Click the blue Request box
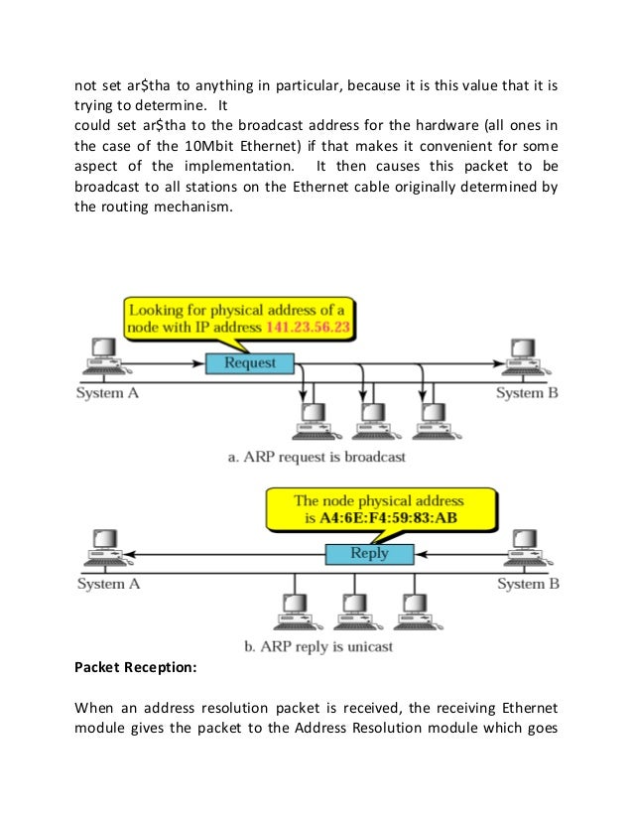[250, 362]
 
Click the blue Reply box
[370, 554]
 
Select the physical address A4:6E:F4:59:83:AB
[385, 519]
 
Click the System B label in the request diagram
[527, 393]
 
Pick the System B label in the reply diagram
[527, 584]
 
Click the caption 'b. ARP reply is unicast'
[317, 646]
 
